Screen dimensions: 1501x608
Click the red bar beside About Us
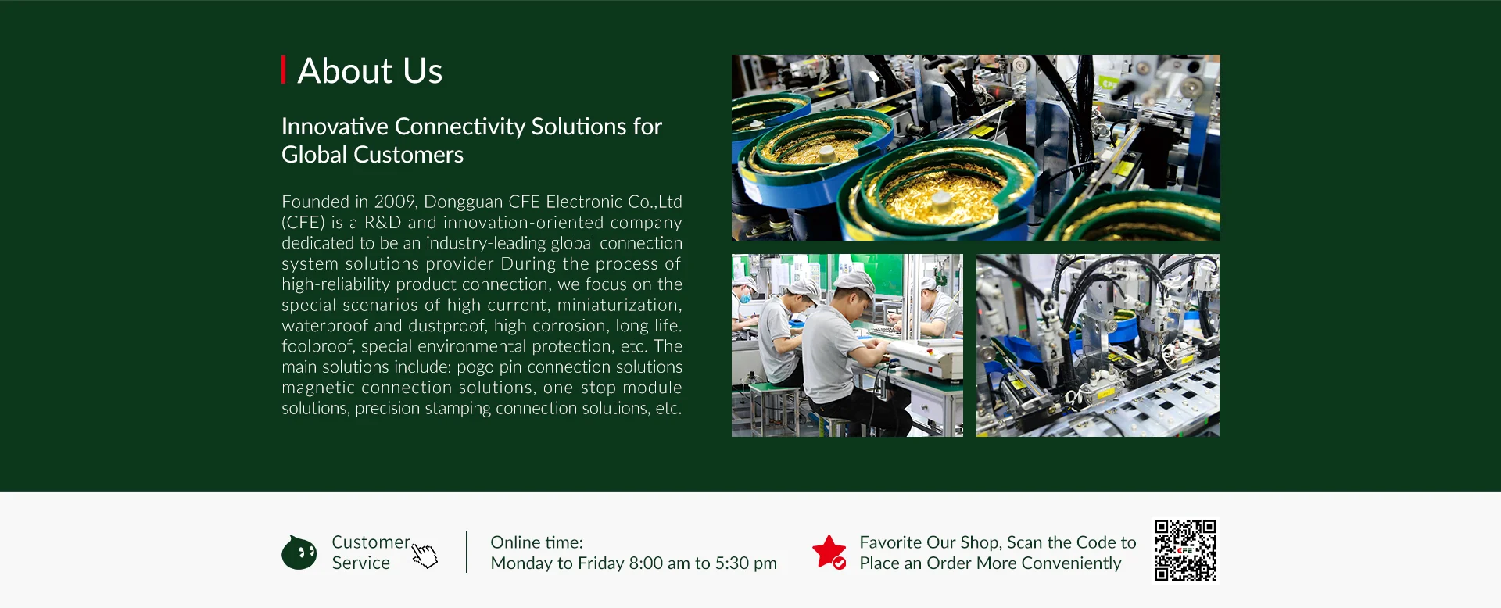pos(283,70)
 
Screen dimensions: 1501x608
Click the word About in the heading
pos(345,71)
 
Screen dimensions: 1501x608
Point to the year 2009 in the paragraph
pos(395,202)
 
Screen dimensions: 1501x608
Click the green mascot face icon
pos(299,553)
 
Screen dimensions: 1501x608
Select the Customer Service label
pos(371,553)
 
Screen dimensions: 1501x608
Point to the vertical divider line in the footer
pos(466,552)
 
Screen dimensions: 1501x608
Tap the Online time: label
pos(536,542)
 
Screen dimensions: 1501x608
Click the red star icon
pos(829,552)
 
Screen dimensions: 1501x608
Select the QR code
pos(1186,551)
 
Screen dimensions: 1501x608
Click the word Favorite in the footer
pos(890,542)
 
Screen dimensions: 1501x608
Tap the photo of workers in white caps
pos(847,345)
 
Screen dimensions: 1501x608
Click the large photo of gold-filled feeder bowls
pos(976,148)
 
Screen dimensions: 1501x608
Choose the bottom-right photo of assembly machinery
pos(1098,345)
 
